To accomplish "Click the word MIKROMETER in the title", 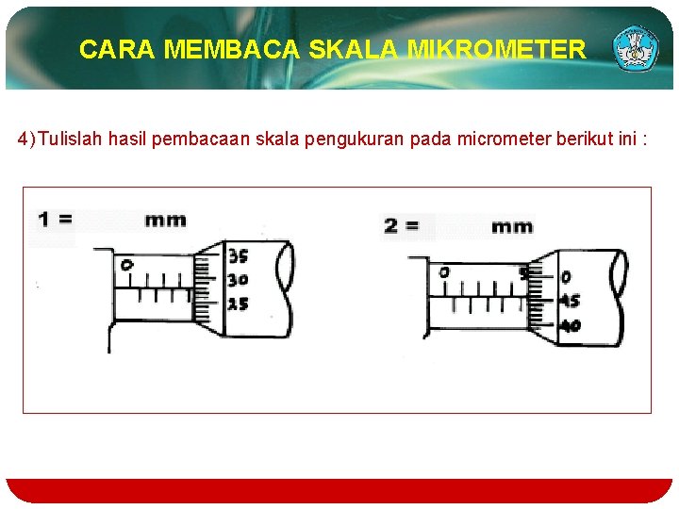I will [496, 49].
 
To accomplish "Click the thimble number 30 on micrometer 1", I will [238, 280].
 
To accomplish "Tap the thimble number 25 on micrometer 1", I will [238, 304].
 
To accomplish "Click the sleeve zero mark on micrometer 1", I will [126, 265].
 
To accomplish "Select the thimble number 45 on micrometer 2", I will [571, 302].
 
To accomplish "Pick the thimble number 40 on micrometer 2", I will [571, 326].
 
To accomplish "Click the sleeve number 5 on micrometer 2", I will [523, 274].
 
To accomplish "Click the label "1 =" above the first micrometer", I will [54, 220].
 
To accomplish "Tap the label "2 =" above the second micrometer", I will [403, 226].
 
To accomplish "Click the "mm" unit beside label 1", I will [165, 221].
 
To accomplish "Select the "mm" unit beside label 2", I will [512, 226].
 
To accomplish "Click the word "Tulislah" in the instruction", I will [70, 140].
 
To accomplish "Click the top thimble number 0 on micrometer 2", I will [566, 278].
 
